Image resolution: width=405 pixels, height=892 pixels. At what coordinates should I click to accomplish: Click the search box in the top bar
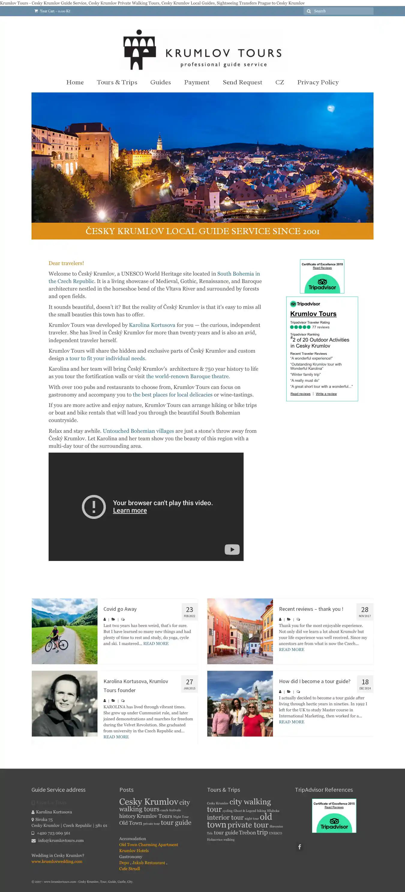(x=341, y=11)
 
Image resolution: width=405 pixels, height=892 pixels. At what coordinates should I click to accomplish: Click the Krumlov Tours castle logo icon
(x=139, y=50)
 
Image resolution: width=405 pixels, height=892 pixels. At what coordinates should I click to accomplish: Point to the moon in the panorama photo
(x=331, y=109)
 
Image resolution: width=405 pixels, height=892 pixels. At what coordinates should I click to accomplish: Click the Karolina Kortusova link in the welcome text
(x=152, y=325)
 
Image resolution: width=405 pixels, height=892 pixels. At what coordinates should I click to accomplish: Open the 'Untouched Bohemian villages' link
(x=138, y=431)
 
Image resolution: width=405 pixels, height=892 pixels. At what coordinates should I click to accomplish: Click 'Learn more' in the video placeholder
(x=130, y=511)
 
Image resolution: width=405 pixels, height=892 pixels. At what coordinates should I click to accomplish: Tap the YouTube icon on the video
(x=232, y=549)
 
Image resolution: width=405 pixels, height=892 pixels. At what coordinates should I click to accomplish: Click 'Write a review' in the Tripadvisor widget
(x=326, y=394)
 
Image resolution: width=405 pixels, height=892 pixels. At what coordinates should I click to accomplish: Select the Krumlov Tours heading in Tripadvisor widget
(x=313, y=314)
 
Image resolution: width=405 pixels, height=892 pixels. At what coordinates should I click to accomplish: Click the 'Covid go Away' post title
(x=120, y=609)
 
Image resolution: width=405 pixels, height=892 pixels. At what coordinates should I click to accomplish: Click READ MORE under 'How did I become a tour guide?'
(x=292, y=722)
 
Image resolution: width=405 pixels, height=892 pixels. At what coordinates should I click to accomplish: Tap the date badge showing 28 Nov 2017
(x=364, y=611)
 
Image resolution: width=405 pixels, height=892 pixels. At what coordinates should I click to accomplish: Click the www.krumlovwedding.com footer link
(x=57, y=861)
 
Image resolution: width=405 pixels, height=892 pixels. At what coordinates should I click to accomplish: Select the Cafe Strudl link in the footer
(x=130, y=869)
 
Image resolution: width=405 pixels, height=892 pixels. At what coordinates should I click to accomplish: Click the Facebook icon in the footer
(x=299, y=847)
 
